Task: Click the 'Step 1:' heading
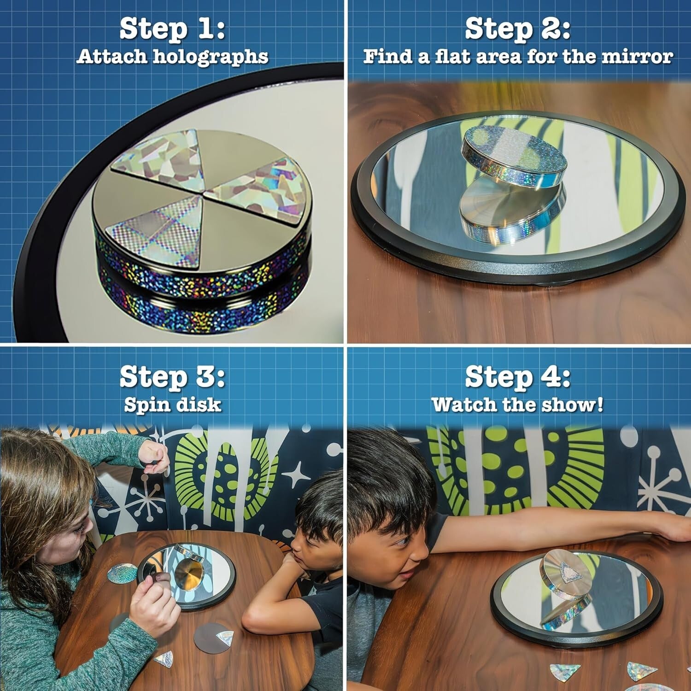[172, 29]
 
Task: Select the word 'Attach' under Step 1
[112, 57]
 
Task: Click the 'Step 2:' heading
[518, 29]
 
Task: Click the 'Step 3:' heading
[172, 376]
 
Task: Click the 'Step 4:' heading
[518, 376]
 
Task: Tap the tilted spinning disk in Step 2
[514, 154]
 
